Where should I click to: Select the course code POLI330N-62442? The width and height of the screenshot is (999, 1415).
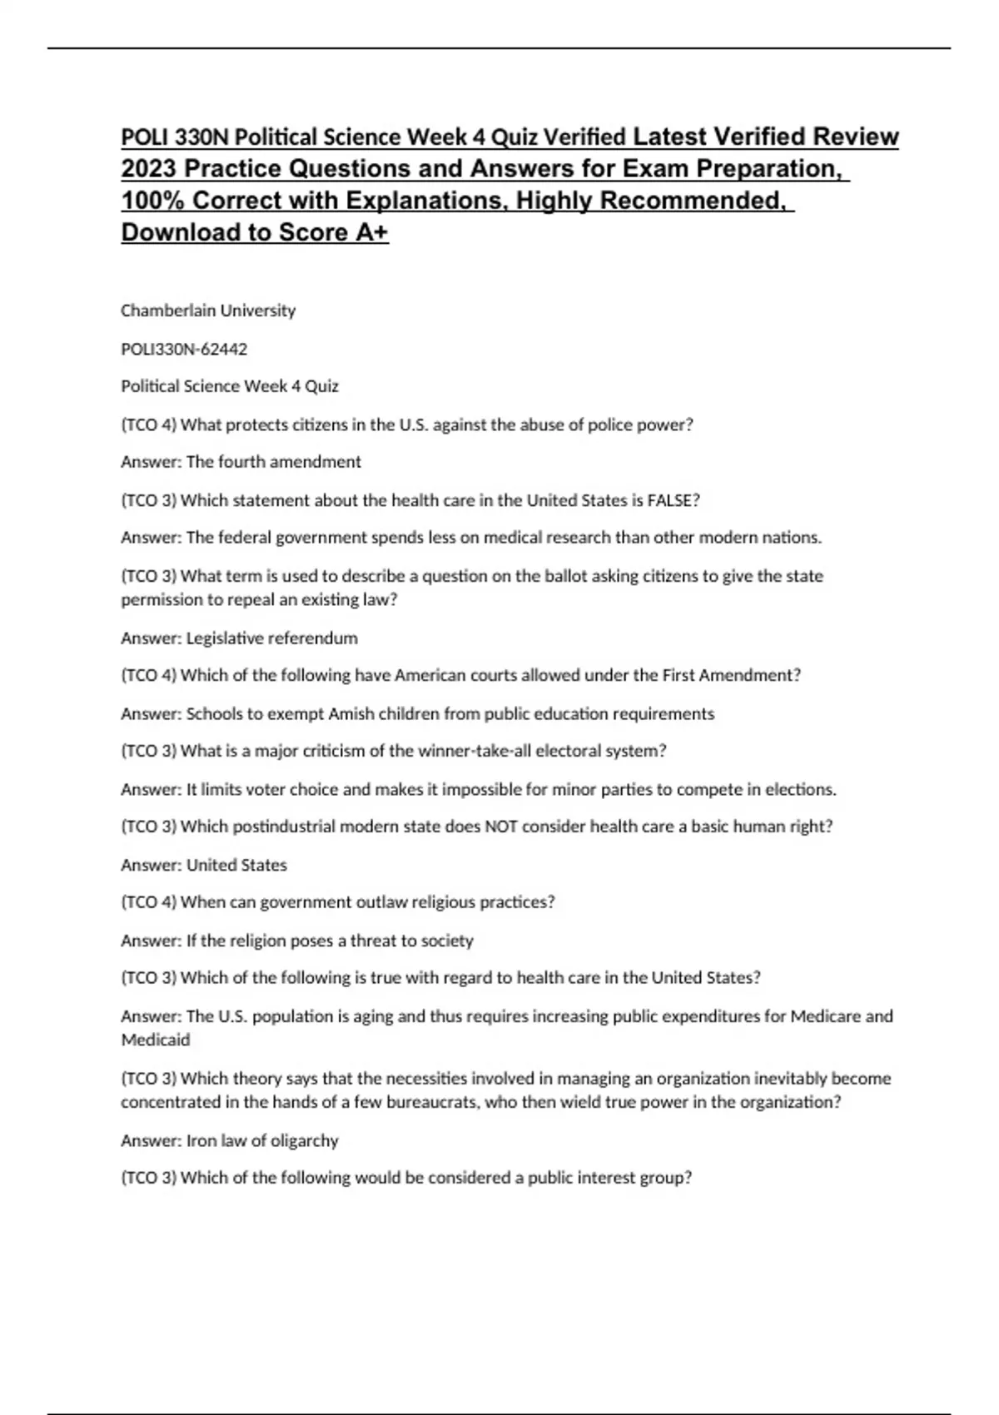[184, 349]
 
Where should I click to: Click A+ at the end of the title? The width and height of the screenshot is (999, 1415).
[371, 232]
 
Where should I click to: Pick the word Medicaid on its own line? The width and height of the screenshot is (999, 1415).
[156, 1040]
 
